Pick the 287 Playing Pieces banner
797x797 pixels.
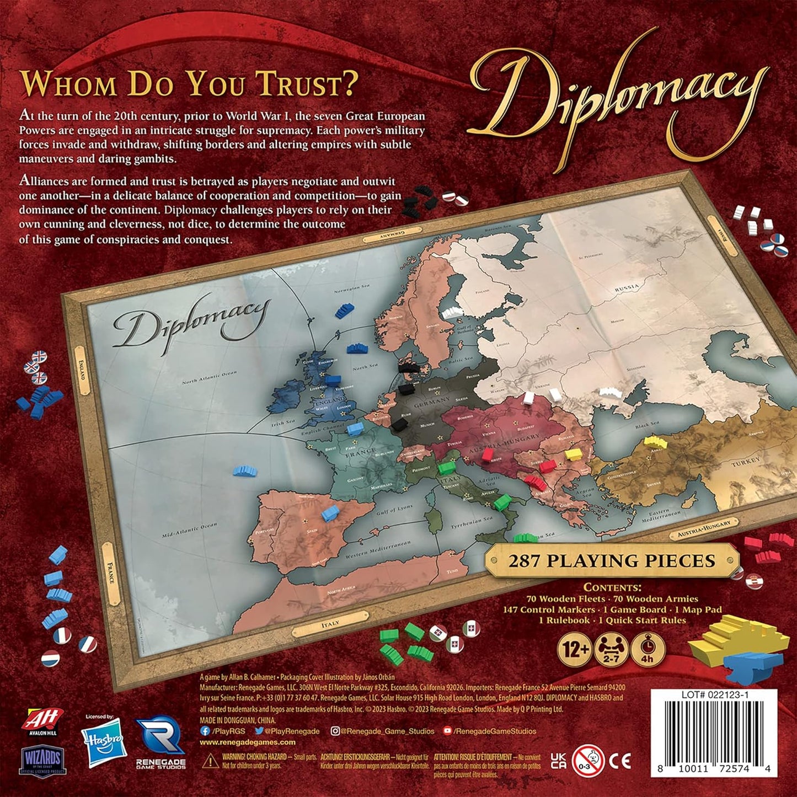612,561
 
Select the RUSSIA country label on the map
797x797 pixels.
628,287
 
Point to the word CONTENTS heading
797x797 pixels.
612,587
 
